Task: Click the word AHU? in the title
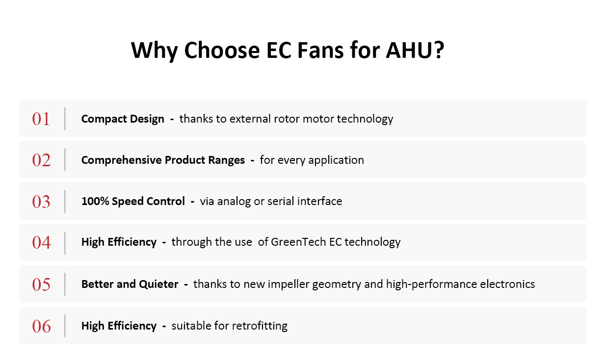[x=415, y=50]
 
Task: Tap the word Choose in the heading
[x=222, y=50]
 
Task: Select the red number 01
[x=41, y=119]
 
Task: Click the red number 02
[x=41, y=160]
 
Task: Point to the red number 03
[x=41, y=202]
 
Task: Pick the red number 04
[x=41, y=242]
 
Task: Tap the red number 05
[x=41, y=284]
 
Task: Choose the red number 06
[x=41, y=326]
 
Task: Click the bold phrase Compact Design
[x=123, y=119]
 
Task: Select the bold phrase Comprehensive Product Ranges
[x=163, y=160]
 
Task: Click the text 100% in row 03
[x=95, y=201]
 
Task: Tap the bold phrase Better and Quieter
[x=130, y=284]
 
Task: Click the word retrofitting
[x=260, y=326]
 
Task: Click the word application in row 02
[x=336, y=160]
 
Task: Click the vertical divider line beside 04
[x=65, y=243]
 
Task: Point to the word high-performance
[x=431, y=284]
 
